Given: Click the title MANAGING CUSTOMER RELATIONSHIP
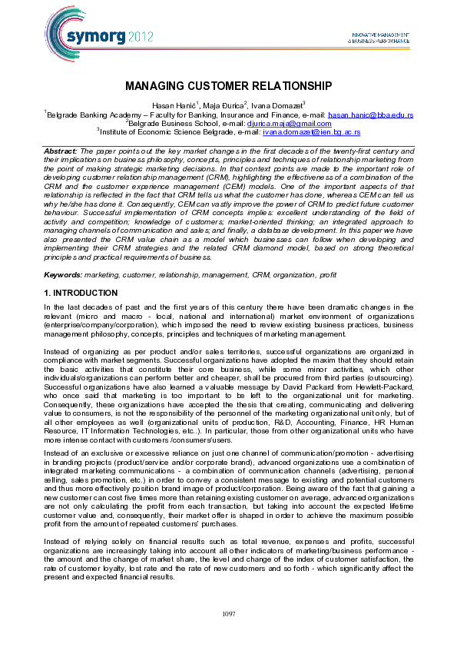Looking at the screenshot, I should [228, 86].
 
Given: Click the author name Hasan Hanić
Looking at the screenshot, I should [174, 105].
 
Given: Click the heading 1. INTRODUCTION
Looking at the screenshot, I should [81, 293].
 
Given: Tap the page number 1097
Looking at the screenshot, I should [228, 612].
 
